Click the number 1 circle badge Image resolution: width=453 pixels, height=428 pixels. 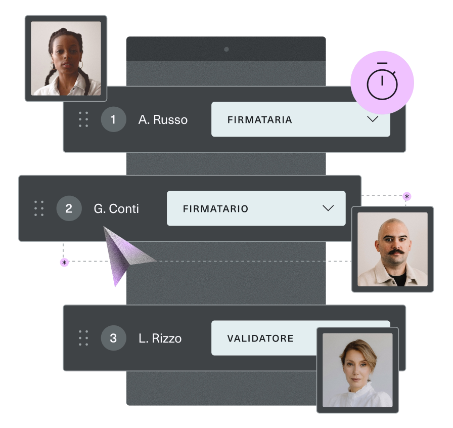click(x=113, y=119)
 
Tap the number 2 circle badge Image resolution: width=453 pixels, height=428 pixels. click(x=69, y=208)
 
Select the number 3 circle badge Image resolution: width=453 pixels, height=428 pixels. click(x=113, y=338)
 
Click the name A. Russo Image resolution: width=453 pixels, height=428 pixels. click(x=163, y=119)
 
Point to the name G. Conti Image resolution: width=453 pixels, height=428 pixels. click(x=116, y=208)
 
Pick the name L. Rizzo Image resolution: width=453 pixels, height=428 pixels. click(x=160, y=338)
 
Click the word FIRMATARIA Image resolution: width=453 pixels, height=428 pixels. click(x=259, y=120)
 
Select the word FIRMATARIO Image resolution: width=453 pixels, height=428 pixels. click(x=215, y=209)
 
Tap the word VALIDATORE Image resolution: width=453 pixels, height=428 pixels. click(x=260, y=338)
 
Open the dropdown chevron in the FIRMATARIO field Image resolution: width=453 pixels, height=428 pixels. click(x=328, y=208)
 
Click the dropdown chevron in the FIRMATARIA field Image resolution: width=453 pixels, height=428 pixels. click(x=373, y=119)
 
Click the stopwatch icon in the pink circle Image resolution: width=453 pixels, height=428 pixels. click(x=382, y=81)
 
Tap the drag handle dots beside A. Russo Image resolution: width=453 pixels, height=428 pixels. click(x=83, y=119)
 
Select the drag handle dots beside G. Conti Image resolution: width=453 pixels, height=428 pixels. click(x=39, y=208)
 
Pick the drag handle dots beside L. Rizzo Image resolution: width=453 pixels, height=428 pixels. click(x=83, y=338)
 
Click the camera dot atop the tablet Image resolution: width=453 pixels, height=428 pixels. click(x=226, y=50)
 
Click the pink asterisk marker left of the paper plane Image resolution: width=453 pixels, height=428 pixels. click(x=64, y=263)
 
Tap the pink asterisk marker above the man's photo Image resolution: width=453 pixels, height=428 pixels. click(x=407, y=197)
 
